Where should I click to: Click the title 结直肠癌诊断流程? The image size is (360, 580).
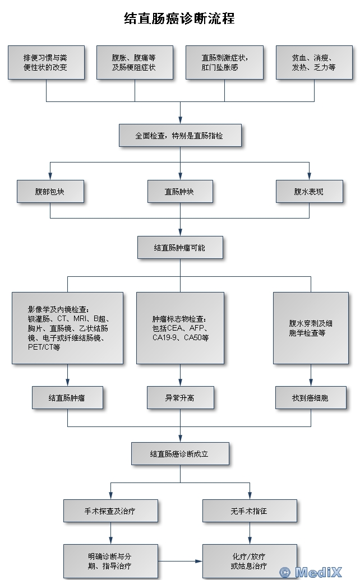(179, 18)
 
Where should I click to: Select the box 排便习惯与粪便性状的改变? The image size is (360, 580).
(46, 62)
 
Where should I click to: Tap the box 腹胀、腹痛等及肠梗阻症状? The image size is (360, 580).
(135, 62)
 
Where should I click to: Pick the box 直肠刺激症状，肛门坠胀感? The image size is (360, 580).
(225, 62)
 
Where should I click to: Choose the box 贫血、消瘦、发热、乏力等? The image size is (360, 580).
(314, 62)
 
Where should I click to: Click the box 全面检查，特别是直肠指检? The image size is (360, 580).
(180, 136)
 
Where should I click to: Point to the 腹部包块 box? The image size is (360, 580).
(50, 191)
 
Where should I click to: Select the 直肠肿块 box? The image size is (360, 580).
(180, 191)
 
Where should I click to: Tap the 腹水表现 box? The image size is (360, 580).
(310, 191)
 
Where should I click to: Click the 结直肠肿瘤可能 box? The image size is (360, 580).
(180, 248)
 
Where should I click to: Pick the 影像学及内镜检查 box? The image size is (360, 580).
(67, 328)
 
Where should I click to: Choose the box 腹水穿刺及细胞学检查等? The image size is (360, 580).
(311, 328)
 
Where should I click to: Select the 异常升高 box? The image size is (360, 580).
(180, 398)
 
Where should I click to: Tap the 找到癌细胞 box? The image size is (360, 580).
(311, 398)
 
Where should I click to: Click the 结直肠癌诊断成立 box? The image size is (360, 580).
(180, 453)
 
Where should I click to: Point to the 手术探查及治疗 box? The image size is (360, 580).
(110, 511)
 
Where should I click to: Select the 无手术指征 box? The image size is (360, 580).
(250, 511)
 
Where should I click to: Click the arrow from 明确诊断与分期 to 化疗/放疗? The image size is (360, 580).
(180, 561)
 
